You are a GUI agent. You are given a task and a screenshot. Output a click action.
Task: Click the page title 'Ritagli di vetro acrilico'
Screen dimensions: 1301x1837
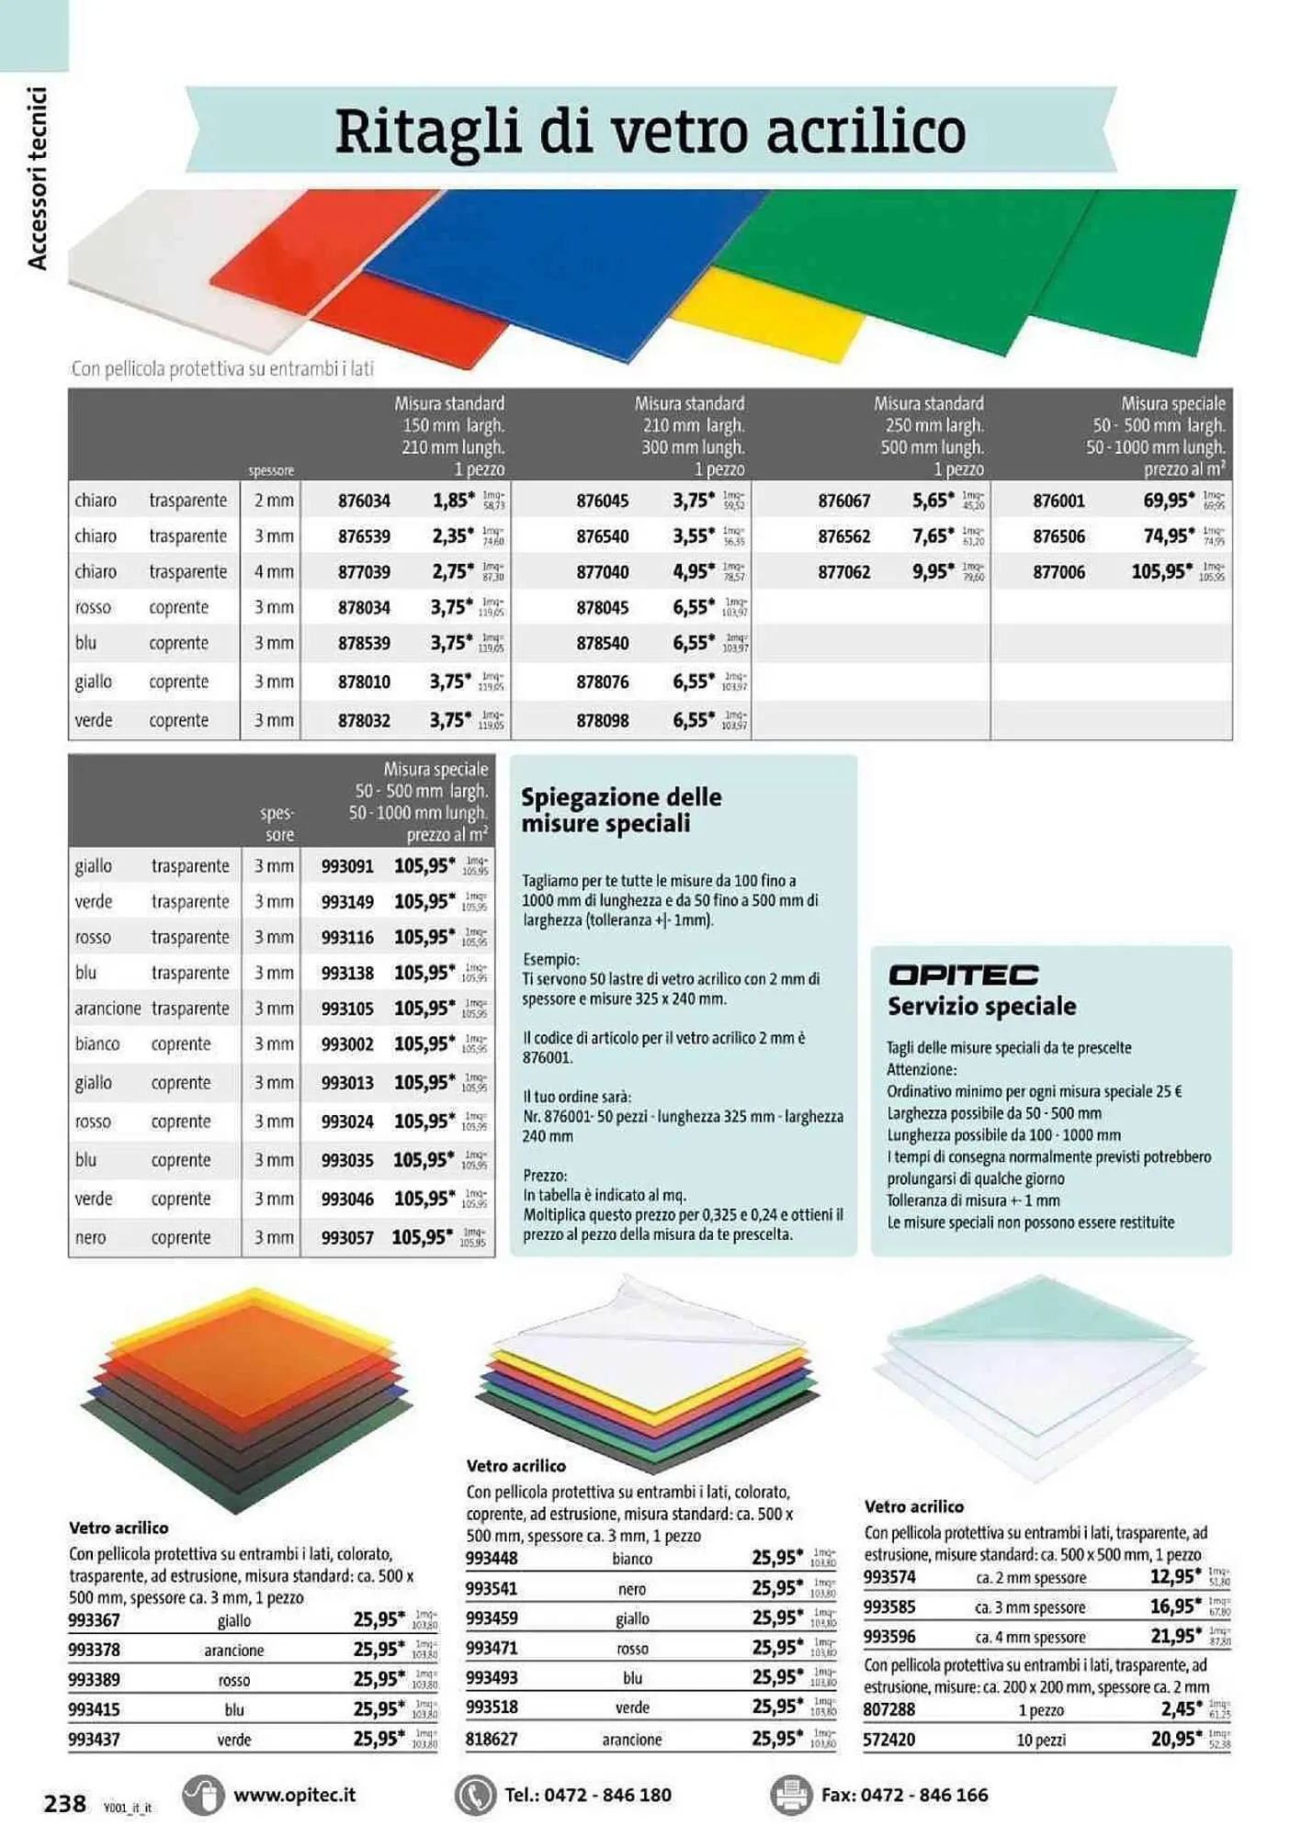click(650, 131)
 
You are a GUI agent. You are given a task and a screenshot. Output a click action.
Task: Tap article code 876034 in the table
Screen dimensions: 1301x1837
click(364, 502)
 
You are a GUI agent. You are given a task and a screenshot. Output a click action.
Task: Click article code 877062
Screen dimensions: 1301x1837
click(843, 572)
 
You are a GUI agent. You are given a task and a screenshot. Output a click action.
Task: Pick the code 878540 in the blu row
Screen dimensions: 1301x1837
click(603, 644)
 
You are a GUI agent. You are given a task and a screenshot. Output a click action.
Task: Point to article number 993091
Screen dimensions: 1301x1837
click(347, 866)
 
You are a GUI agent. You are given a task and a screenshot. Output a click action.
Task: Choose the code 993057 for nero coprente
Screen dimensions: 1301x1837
click(347, 1238)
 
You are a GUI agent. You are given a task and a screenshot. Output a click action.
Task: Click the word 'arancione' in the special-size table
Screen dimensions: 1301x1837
click(107, 1009)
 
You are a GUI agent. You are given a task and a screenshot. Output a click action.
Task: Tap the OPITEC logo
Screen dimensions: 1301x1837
click(963, 975)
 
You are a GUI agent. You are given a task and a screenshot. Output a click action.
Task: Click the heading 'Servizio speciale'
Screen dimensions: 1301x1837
click(981, 1007)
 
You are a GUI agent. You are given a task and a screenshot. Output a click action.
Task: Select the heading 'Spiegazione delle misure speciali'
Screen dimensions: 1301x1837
click(621, 810)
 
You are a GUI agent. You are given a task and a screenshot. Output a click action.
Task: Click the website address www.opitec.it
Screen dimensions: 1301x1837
click(294, 1795)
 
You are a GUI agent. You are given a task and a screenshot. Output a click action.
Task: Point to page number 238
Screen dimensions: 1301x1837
click(64, 1804)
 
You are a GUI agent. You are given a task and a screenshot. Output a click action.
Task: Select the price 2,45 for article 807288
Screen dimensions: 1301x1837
click(1175, 1709)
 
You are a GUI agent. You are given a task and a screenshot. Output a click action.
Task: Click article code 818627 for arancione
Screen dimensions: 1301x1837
click(492, 1740)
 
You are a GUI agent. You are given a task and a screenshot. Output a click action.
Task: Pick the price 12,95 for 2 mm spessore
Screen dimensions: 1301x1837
click(1175, 1577)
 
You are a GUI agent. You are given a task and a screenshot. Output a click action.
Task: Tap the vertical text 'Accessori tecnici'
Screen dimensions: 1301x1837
click(37, 178)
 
